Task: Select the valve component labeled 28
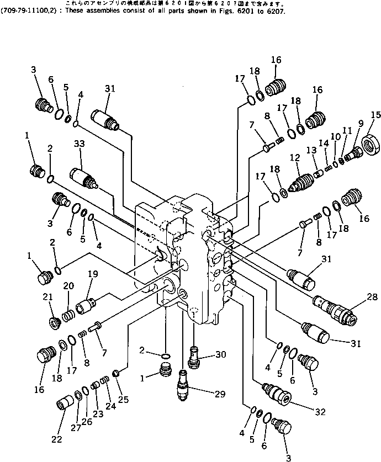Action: (334, 310)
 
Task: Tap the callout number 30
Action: (221, 355)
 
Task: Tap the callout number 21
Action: (47, 298)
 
